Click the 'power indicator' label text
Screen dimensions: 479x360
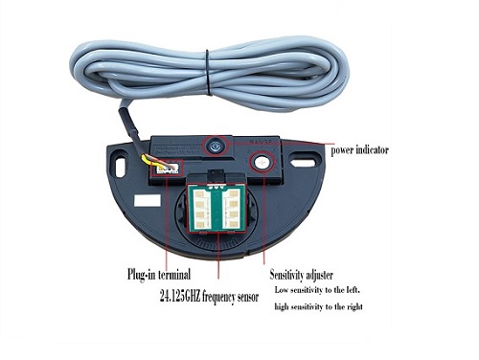coord(359,149)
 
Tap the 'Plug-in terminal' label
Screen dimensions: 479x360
coord(159,274)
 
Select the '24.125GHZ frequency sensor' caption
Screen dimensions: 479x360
coord(209,297)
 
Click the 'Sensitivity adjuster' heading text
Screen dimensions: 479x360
coord(301,275)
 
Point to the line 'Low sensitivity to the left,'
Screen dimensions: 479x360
coord(317,290)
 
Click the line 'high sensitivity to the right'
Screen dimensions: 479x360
coord(318,306)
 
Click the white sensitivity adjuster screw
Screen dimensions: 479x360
coord(262,163)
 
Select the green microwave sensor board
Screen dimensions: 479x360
coord(217,207)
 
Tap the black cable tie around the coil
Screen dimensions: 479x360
coord(208,72)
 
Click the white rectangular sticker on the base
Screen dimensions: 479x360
coord(148,201)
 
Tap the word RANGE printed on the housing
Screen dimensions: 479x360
coord(262,142)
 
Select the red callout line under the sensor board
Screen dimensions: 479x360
coord(218,256)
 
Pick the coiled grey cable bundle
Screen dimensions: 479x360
coord(209,75)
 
